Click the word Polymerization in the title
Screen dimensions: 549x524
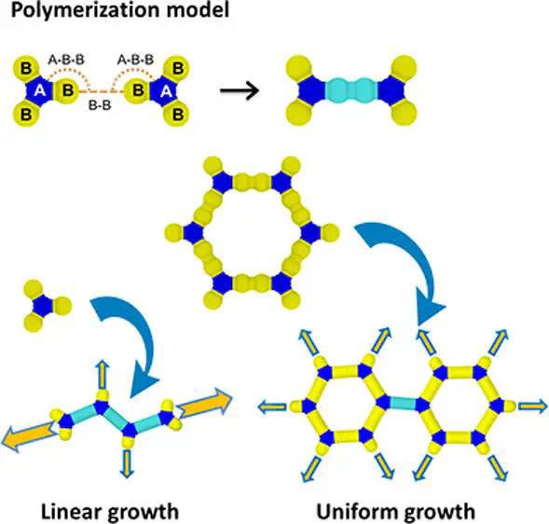[x=86, y=10]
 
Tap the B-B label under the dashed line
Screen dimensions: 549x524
[x=100, y=105]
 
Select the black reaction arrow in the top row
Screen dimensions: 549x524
[x=240, y=91]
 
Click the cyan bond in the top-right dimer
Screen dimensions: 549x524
[x=351, y=90]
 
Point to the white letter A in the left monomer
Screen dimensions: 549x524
[x=40, y=91]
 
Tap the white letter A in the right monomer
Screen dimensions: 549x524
[x=166, y=91]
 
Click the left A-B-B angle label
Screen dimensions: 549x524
[x=66, y=60]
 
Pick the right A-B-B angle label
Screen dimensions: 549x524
[x=135, y=60]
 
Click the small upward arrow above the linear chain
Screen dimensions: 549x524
[x=103, y=374]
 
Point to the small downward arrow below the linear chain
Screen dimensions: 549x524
[x=127, y=463]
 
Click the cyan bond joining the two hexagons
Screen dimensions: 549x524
[x=403, y=403]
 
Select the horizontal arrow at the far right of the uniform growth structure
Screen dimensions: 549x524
[x=533, y=407]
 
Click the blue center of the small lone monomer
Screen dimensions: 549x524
[x=42, y=306]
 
